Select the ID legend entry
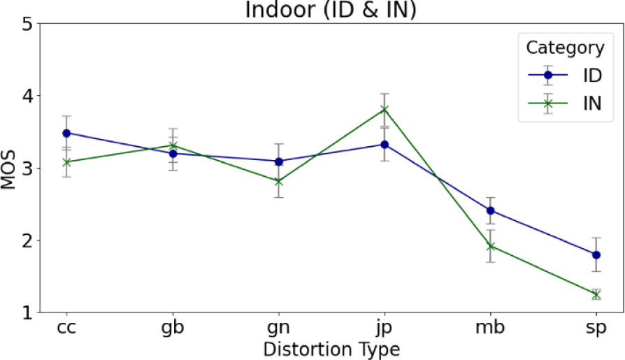tap(566, 75)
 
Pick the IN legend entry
tap(566, 104)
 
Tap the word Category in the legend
tap(565, 48)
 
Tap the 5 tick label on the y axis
tap(27, 24)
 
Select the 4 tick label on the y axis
tap(27, 96)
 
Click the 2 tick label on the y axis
tap(27, 240)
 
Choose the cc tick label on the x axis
tap(66, 327)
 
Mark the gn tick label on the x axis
tap(278, 329)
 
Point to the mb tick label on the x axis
tap(490, 327)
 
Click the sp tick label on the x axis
tap(596, 329)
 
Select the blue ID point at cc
tap(66, 133)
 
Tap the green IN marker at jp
tap(385, 109)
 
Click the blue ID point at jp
tap(385, 145)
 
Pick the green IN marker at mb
tap(491, 246)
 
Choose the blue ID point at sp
tap(596, 254)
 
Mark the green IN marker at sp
tap(596, 294)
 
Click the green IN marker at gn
tap(278, 181)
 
